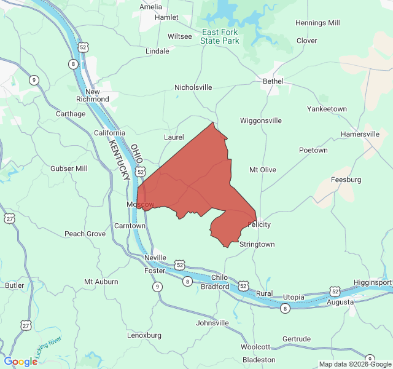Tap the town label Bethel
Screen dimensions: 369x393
[273, 81]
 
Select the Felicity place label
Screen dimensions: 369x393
[259, 224]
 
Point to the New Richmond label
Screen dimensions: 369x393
[92, 95]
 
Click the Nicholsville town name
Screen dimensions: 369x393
[193, 87]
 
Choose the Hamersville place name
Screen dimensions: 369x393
[360, 134]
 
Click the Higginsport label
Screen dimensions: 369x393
[373, 282]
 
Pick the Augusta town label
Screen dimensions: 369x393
[340, 302]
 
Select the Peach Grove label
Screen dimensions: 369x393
[85, 234]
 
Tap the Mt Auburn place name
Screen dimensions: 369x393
[101, 282]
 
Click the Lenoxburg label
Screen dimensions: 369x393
[144, 335]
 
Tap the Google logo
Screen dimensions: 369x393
[20, 362]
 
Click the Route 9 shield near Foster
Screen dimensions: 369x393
[158, 286]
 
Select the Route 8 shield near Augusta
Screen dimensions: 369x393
[285, 309]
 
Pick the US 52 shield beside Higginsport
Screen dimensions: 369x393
[334, 290]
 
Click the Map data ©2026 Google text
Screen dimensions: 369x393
[352, 364]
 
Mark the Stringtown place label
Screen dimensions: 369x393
[257, 244]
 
